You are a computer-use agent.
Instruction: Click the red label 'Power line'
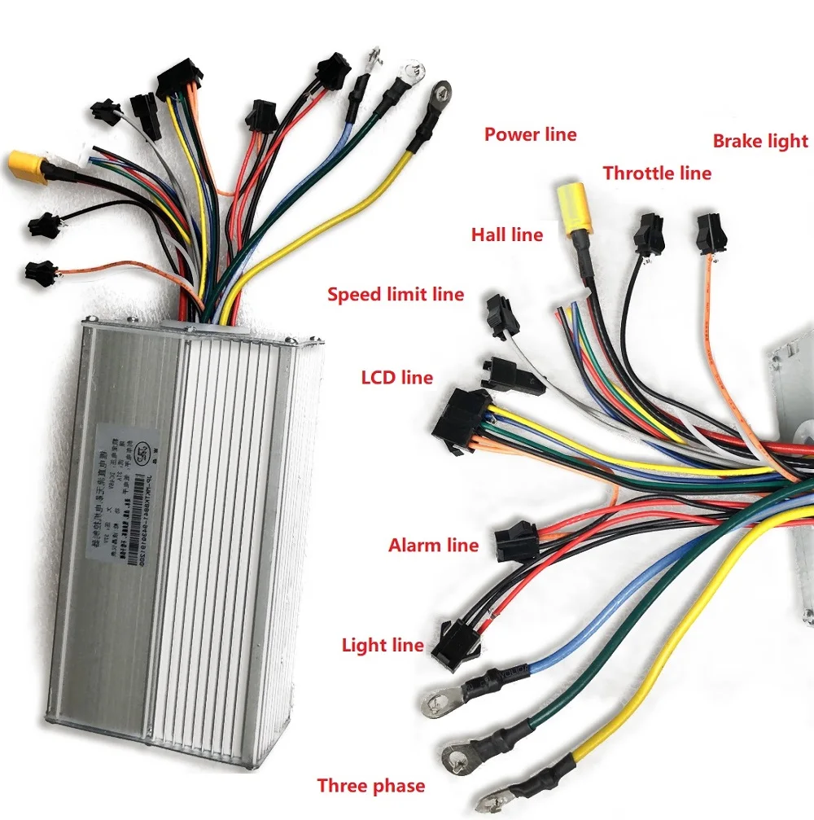point(530,134)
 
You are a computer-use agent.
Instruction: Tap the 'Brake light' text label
point(760,141)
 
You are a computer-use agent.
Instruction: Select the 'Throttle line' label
point(657,173)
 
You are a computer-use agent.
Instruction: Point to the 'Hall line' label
point(506,235)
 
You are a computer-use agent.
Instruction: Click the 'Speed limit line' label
point(396,294)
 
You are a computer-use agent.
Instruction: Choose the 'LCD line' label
point(396,378)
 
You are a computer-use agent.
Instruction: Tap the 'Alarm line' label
point(433,545)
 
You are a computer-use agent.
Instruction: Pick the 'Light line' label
point(383,646)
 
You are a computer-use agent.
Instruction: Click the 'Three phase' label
point(371,786)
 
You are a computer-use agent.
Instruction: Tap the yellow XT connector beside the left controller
point(26,166)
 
